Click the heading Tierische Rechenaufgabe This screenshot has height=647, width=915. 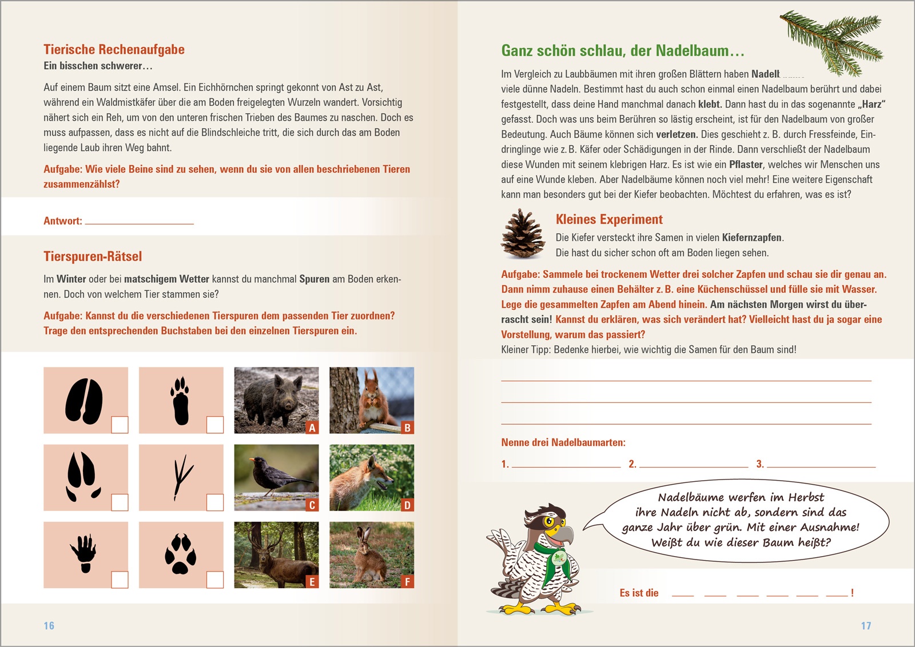click(114, 50)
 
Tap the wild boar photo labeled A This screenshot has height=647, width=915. click(276, 400)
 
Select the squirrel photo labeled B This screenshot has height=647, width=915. click(371, 400)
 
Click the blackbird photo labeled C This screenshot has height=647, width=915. click(276, 477)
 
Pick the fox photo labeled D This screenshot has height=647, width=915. click(371, 477)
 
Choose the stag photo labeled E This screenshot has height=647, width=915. click(276, 554)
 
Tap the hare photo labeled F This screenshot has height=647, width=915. click(371, 554)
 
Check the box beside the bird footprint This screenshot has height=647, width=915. click(214, 502)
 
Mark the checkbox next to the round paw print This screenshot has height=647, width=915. click(214, 580)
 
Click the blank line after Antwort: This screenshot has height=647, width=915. click(139, 221)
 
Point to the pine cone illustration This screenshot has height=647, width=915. click(523, 234)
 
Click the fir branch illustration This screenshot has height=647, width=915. click(832, 43)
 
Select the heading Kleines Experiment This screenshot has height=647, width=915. click(609, 219)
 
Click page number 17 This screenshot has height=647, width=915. click(866, 626)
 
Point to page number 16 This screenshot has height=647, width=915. click(49, 626)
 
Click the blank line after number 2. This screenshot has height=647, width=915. click(694, 464)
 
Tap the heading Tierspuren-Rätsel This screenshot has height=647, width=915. click(93, 257)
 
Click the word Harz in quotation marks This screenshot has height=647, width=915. click(872, 105)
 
